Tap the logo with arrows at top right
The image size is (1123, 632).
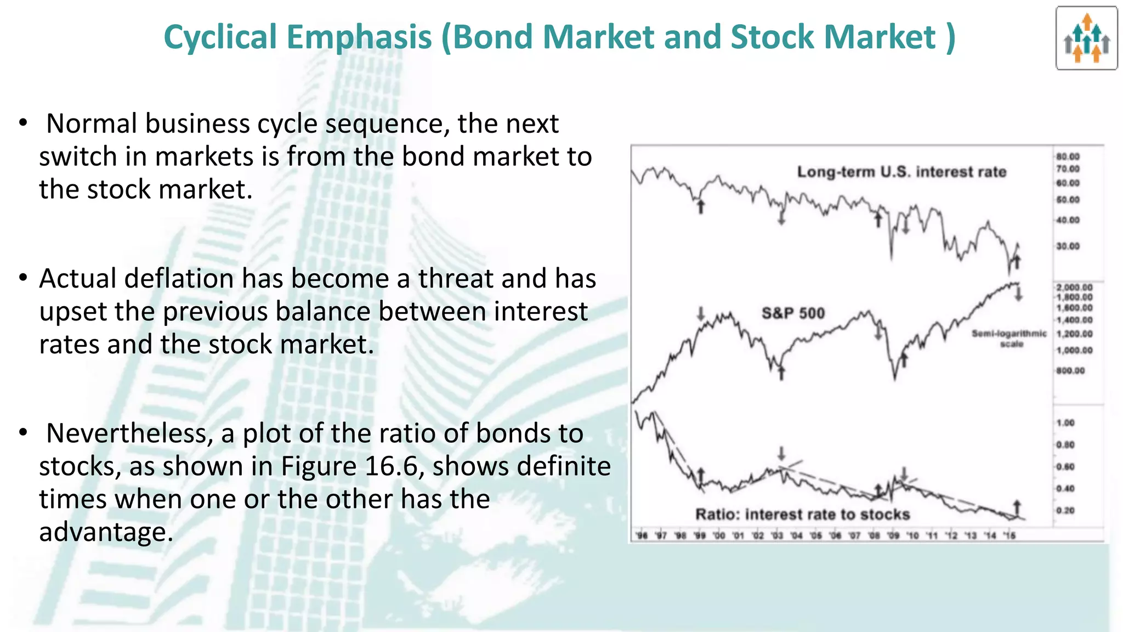[x=1086, y=38]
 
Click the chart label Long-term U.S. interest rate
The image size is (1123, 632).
[x=901, y=172]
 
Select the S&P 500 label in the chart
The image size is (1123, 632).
[x=793, y=313]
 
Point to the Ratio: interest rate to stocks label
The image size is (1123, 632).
[x=802, y=514]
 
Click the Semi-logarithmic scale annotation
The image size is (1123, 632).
[x=1009, y=338]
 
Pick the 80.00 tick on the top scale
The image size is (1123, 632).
[x=1068, y=157]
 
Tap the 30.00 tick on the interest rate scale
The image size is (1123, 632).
[x=1068, y=246]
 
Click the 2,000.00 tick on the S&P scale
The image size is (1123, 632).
[x=1074, y=287]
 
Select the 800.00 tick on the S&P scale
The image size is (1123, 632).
[x=1070, y=371]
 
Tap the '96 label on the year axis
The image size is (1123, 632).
[x=640, y=535]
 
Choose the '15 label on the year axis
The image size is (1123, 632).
[x=1009, y=535]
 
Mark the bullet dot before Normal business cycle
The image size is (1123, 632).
[x=22, y=123]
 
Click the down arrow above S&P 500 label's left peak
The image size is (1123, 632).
[x=701, y=314]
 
